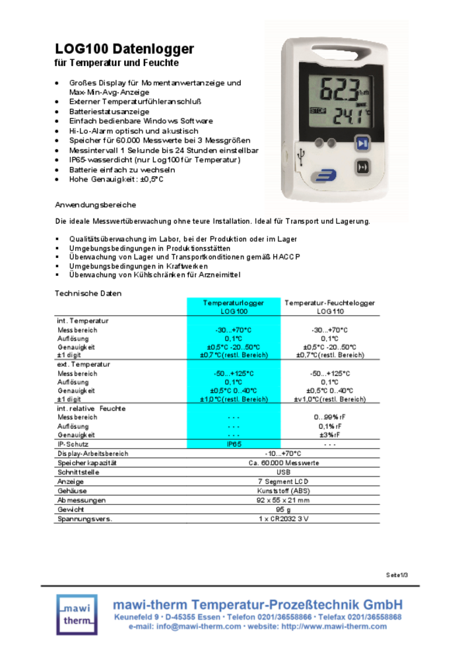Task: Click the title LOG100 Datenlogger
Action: (124, 49)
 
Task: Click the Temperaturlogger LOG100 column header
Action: (234, 307)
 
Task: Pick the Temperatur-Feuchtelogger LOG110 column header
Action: (330, 307)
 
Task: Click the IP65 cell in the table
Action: (234, 444)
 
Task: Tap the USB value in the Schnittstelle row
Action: (283, 473)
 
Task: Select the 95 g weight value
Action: (283, 509)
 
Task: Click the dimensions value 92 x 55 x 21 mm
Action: (283, 500)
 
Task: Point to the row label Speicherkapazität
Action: (87, 463)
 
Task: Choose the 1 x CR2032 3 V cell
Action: (283, 519)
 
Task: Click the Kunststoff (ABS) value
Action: (283, 491)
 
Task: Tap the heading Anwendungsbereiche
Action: (95, 205)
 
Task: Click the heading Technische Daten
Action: (88, 293)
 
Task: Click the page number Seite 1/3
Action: (397, 574)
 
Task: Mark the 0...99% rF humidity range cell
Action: (330, 417)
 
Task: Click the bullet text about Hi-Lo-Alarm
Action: (133, 131)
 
